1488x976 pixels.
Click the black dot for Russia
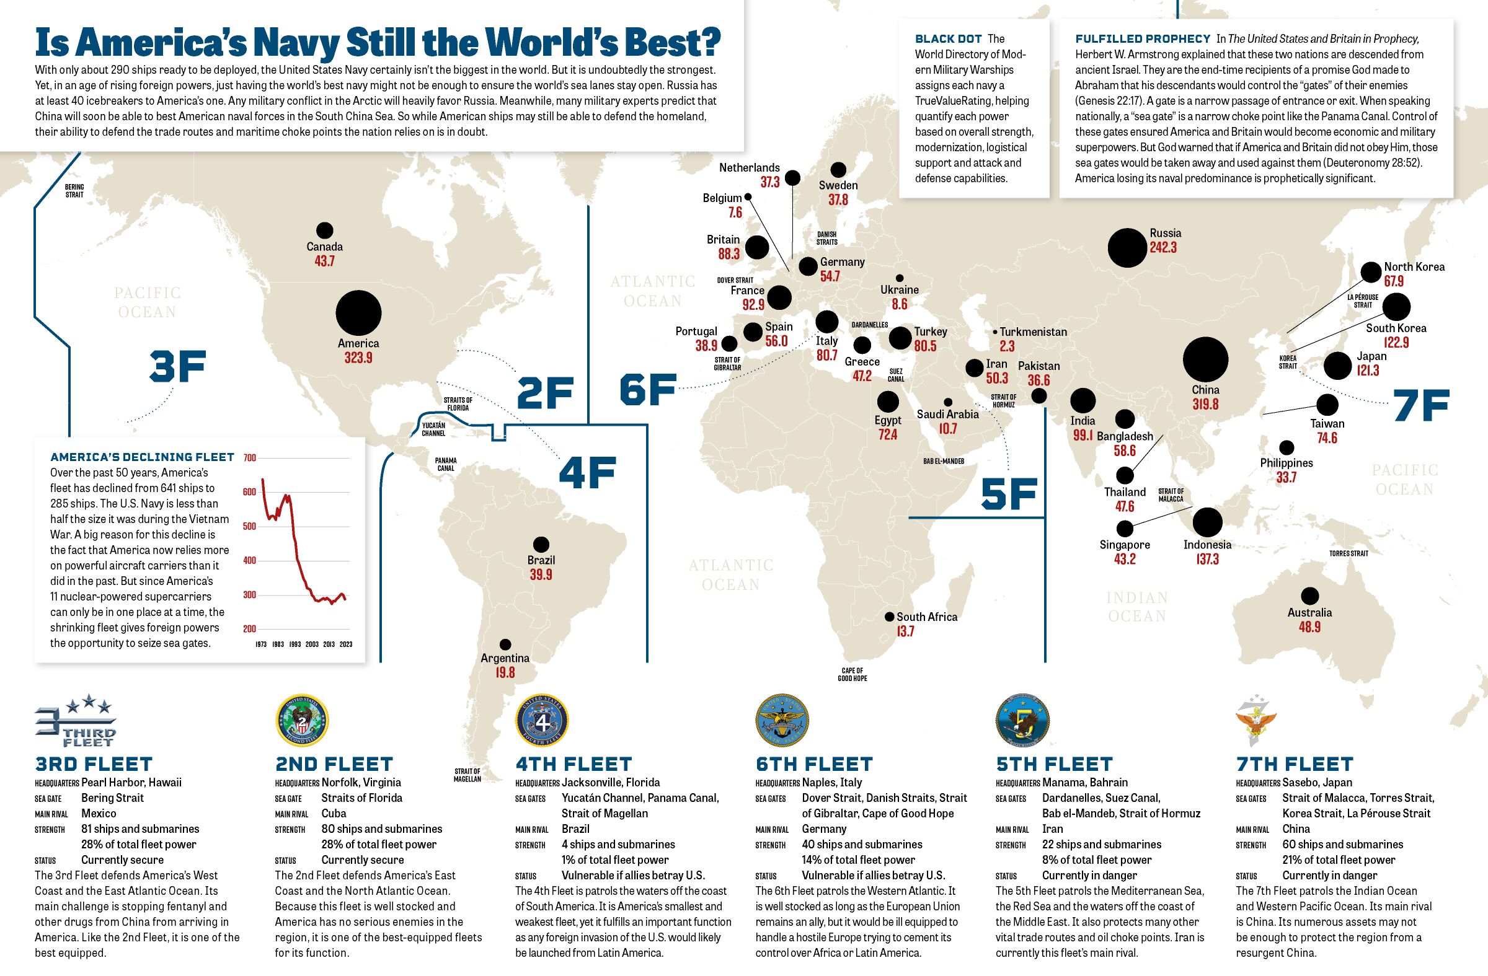(1127, 247)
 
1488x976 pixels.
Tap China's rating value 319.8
(1205, 404)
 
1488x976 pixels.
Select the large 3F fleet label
(177, 367)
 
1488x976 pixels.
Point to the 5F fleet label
(1009, 494)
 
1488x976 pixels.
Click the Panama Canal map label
(446, 464)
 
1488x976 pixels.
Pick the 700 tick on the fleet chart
(249, 458)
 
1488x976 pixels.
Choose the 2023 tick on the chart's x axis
(346, 644)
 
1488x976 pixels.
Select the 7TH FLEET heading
(1294, 764)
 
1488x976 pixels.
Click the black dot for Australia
(1310, 596)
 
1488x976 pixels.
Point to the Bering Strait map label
(74, 191)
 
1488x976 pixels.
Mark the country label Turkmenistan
(1033, 332)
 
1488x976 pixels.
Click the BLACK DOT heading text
(949, 40)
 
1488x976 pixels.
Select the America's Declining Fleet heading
(142, 457)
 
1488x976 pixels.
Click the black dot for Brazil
(541, 544)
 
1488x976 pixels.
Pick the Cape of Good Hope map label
(852, 674)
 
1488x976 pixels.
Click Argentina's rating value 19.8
(505, 672)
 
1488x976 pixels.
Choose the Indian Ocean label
(1136, 607)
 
